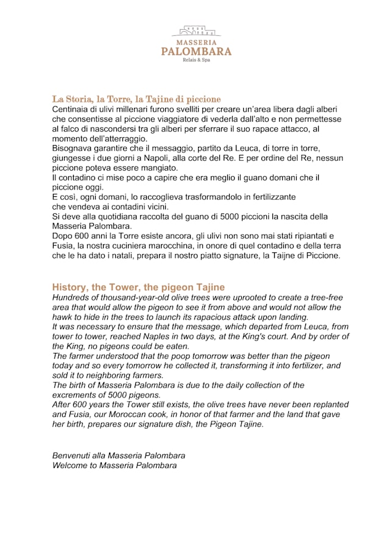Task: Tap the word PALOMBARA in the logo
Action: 196,51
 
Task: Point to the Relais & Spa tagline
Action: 196,60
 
